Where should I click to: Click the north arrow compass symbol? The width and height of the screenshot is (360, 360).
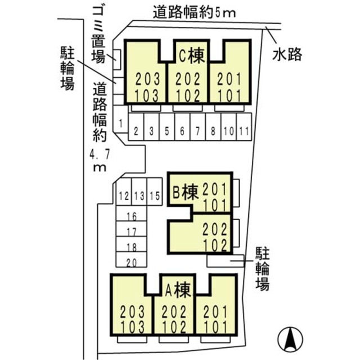click(291, 339)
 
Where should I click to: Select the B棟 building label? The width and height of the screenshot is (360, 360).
click(184, 193)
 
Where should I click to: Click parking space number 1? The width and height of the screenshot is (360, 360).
click(120, 122)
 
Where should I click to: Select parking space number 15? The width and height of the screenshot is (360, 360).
click(155, 196)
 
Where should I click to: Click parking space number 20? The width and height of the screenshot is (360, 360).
click(132, 261)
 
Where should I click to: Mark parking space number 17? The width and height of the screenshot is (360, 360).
click(132, 231)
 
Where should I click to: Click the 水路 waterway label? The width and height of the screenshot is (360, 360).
click(288, 55)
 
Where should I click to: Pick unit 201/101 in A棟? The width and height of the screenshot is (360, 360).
click(216, 318)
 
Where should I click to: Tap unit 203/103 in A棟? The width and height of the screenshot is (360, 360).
click(133, 318)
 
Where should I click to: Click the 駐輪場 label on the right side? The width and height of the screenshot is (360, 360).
click(262, 268)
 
